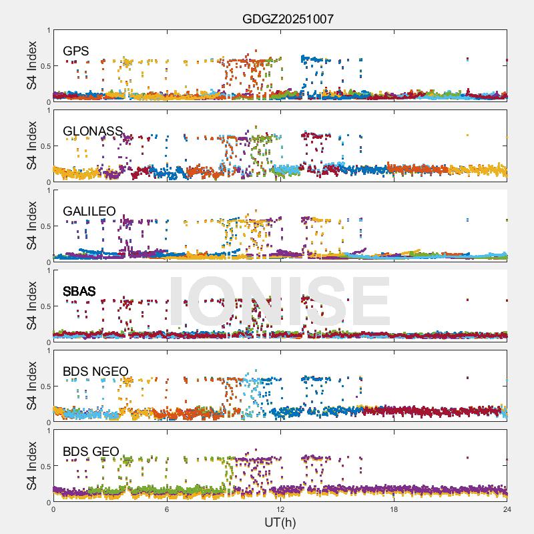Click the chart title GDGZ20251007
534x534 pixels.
tap(288, 19)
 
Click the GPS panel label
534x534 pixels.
tap(76, 51)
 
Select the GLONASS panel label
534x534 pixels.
tap(93, 131)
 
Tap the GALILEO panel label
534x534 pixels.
tap(89, 212)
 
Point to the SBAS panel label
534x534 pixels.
tap(79, 292)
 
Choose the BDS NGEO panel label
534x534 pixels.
tap(95, 372)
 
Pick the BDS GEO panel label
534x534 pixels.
tap(91, 452)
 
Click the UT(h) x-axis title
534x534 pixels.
tap(280, 521)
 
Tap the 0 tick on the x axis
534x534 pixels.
tap(53, 509)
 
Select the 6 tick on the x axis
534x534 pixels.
tap(167, 509)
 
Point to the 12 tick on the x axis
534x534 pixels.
tap(280, 509)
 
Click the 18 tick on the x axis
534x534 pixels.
tap(394, 509)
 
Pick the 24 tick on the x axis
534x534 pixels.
tap(507, 509)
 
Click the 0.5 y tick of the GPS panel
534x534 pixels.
tap(45, 66)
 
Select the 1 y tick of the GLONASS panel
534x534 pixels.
tap(48, 111)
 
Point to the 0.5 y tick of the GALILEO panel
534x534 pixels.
tap(45, 226)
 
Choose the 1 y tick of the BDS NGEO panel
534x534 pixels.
tap(48, 351)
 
